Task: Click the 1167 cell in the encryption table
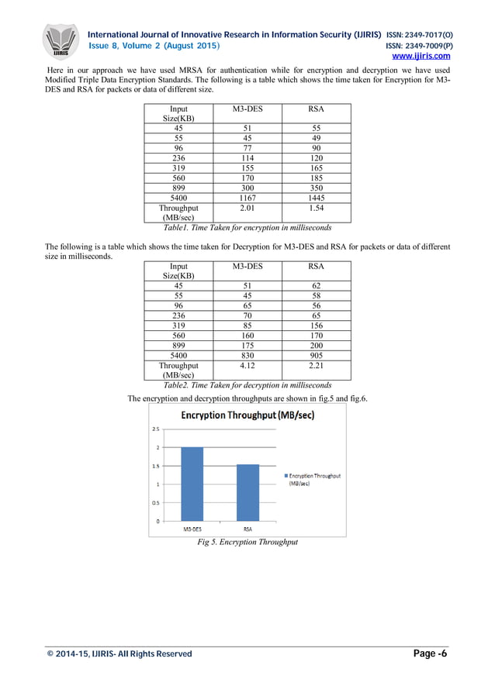click(247, 198)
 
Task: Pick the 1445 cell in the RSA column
click(316, 198)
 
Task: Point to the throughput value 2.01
click(247, 209)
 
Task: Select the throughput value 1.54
click(316, 209)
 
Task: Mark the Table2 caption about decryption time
click(247, 385)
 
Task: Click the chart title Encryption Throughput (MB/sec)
click(247, 416)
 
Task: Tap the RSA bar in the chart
click(247, 492)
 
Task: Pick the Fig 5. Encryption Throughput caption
click(247, 543)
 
